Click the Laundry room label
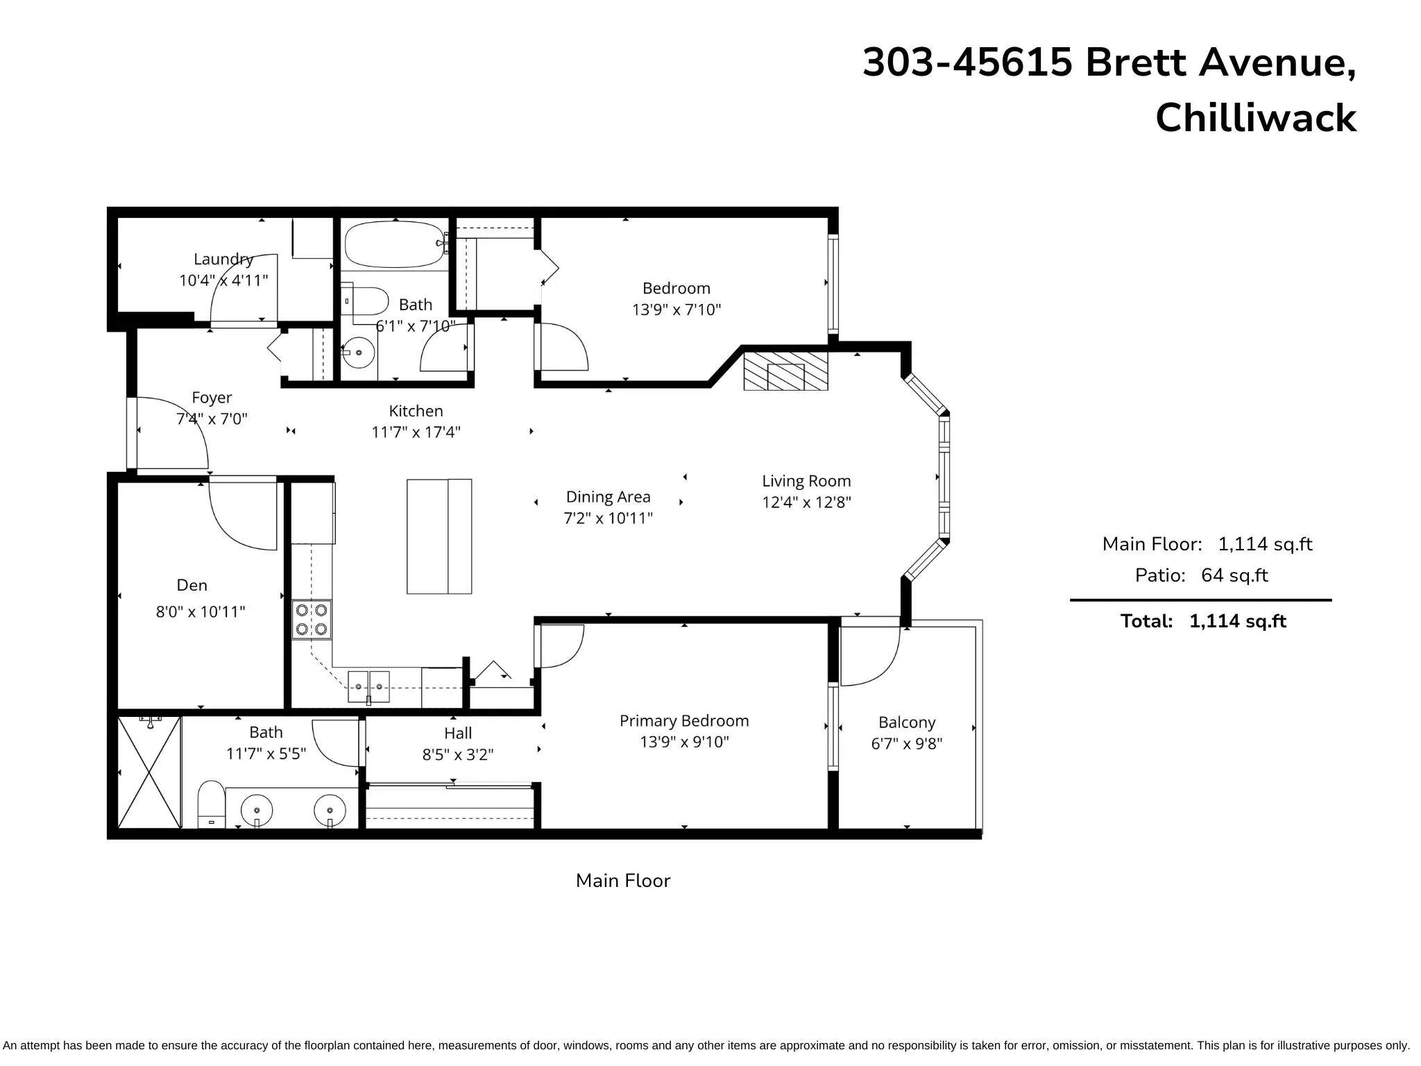223,259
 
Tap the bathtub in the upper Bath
393,244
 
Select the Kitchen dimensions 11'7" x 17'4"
416,432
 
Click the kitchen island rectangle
439,536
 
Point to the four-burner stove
312,620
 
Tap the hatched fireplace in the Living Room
785,371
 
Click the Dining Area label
608,497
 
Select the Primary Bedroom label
683,721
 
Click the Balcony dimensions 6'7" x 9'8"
906,744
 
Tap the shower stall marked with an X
149,772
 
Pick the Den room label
192,585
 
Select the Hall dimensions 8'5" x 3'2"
457,754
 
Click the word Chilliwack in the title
1255,118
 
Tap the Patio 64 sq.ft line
1201,575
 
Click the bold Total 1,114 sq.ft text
1202,621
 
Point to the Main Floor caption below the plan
622,881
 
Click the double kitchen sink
368,686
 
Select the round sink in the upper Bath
359,353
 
